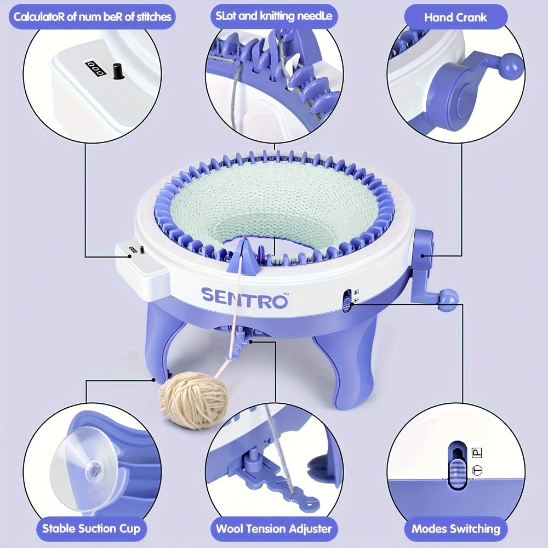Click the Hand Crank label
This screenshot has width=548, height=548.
[x=455, y=18]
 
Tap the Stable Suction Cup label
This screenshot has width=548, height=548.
[x=91, y=528]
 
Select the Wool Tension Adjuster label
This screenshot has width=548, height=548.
[x=274, y=528]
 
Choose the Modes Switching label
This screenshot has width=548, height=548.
[x=456, y=528]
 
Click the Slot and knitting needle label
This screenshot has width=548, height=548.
[x=274, y=16]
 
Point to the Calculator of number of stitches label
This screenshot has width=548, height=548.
[x=92, y=17]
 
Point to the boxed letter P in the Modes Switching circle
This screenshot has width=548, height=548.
[x=477, y=453]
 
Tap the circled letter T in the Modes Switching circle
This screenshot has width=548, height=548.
[x=477, y=470]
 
